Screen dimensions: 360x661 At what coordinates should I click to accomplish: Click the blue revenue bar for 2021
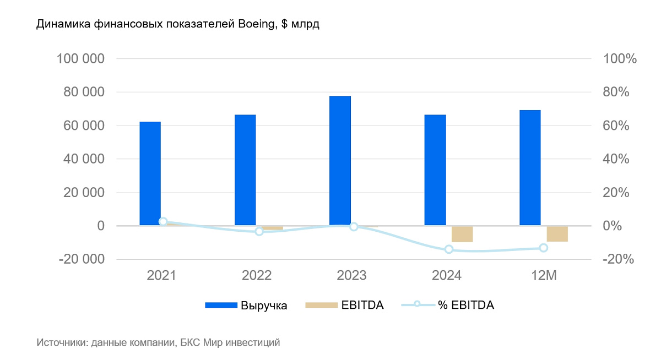150,173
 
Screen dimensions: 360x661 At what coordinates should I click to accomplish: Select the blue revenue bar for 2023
340,161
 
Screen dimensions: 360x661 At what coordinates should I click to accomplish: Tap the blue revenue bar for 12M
530,168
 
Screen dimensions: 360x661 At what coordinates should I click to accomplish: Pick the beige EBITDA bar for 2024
462,234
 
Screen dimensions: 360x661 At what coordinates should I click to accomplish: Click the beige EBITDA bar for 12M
557,234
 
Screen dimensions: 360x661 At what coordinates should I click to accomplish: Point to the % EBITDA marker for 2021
163,221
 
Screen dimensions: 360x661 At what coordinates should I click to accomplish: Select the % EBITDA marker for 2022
259,232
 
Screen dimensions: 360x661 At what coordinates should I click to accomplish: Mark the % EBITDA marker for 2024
449,249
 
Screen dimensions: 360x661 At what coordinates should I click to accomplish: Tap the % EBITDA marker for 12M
544,248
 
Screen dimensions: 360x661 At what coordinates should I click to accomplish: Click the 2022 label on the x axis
256,275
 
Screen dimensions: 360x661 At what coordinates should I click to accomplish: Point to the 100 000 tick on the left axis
81,59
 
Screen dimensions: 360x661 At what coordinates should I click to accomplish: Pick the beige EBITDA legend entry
344,306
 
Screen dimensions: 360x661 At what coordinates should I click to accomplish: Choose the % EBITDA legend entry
447,306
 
